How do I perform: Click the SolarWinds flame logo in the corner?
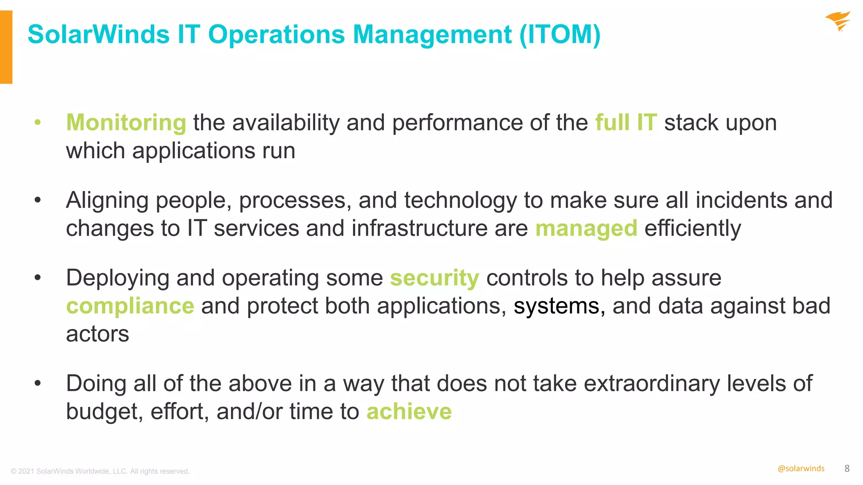click(x=838, y=21)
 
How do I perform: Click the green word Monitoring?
click(x=126, y=123)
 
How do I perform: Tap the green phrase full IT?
click(x=626, y=123)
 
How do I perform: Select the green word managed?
click(x=586, y=229)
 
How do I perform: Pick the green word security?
click(x=434, y=278)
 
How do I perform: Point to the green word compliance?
click(x=130, y=306)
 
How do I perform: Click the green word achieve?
click(x=409, y=412)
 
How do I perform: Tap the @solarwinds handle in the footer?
click(x=801, y=469)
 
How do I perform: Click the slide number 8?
click(x=847, y=469)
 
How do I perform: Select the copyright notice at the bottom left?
click(x=100, y=472)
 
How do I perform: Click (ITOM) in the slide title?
click(x=560, y=35)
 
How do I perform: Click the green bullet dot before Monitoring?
click(x=38, y=123)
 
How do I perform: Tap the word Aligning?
click(x=107, y=201)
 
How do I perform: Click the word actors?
click(x=97, y=334)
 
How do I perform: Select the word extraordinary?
click(x=651, y=384)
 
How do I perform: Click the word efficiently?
click(x=692, y=229)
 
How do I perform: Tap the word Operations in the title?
click(x=276, y=35)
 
